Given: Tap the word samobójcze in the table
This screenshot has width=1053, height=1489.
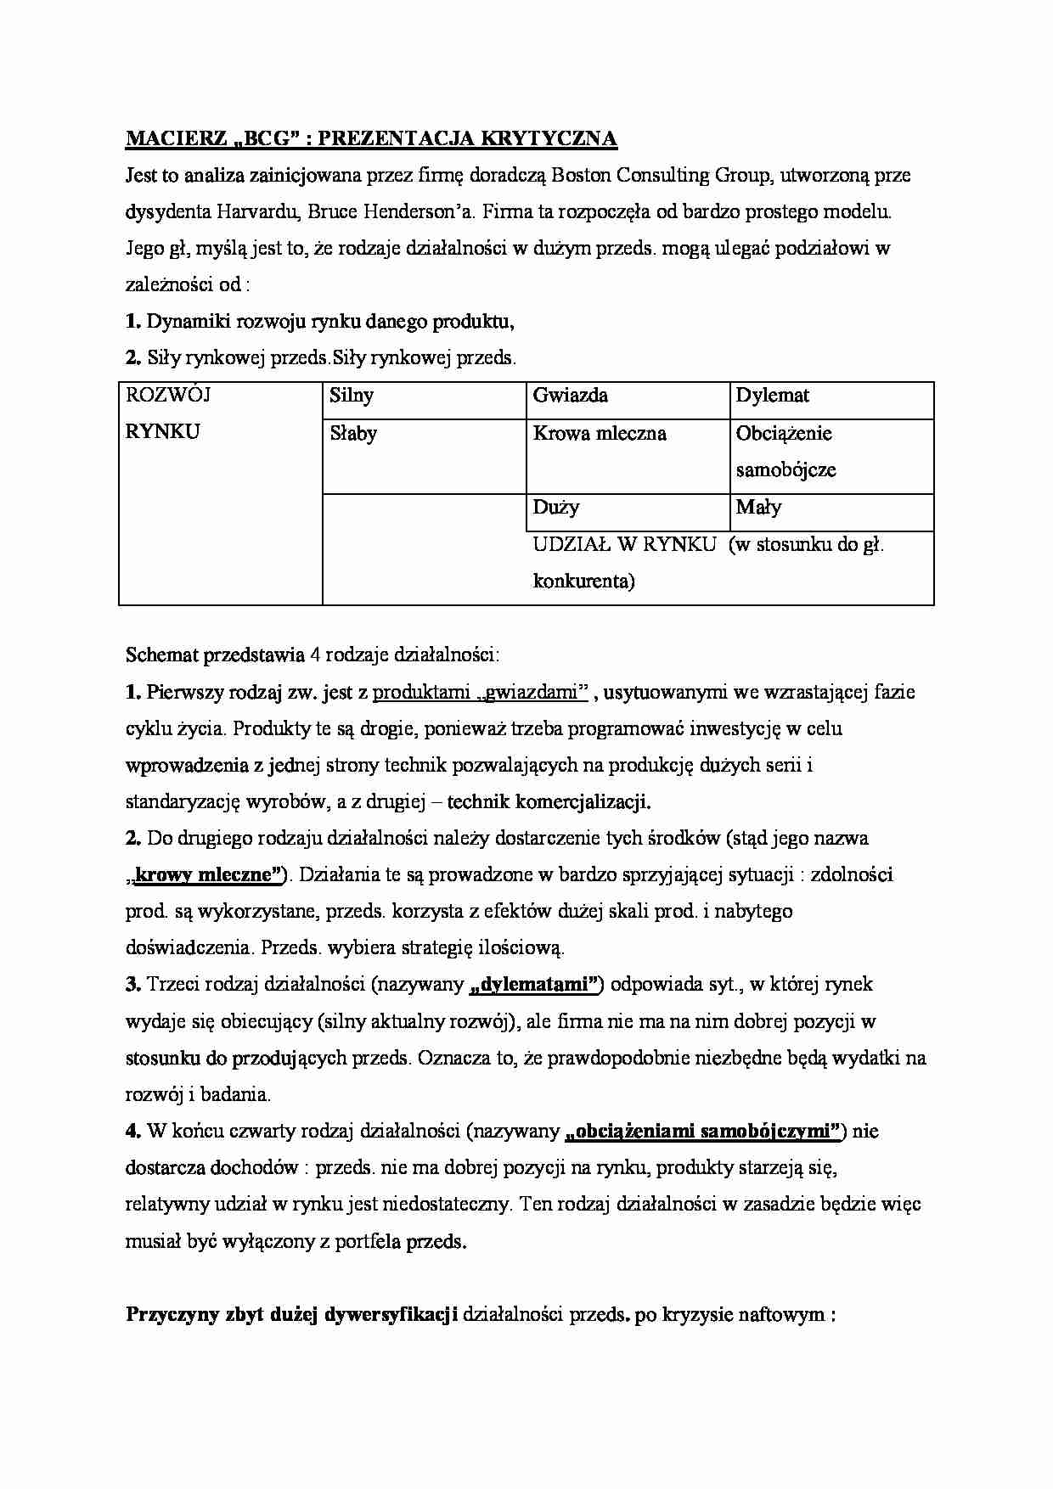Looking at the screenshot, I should pyautogui.click(x=786, y=470).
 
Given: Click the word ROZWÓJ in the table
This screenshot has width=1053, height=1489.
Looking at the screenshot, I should pyautogui.click(x=167, y=396).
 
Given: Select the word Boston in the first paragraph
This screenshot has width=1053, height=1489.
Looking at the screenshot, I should pyautogui.click(x=582, y=176).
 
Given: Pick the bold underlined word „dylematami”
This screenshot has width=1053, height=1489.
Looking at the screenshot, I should pyautogui.click(x=536, y=986).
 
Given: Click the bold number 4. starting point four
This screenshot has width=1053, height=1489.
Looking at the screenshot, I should pyautogui.click(x=132, y=1132).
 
